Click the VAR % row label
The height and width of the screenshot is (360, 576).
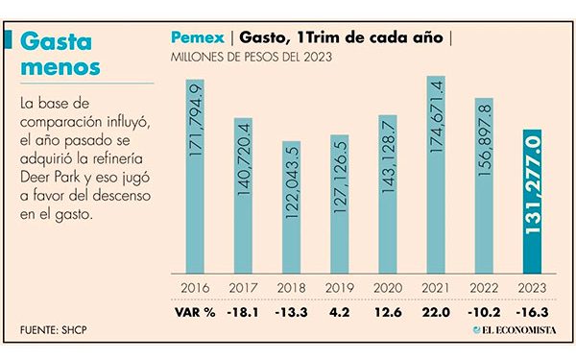point(194,309)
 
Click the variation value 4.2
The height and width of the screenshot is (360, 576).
point(339,309)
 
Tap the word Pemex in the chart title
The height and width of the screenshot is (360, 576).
point(199,39)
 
